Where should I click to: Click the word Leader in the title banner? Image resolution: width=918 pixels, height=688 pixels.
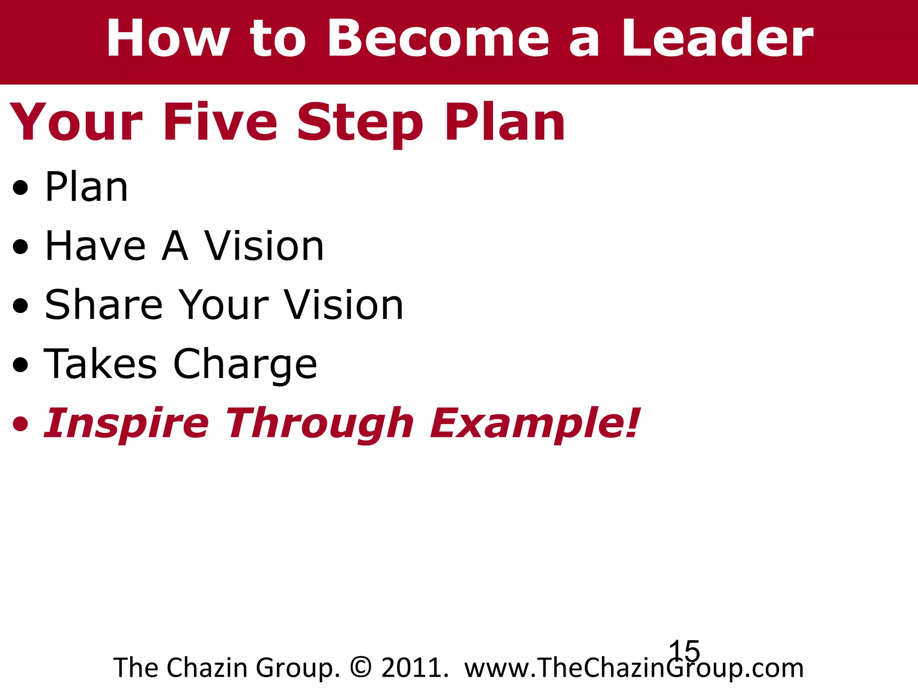click(717, 39)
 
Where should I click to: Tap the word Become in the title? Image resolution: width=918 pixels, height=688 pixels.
click(438, 39)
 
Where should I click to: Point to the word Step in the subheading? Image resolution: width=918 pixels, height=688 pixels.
click(359, 123)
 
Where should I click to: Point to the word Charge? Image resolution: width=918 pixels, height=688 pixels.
click(245, 365)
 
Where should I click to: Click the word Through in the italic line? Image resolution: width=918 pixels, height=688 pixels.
click(319, 424)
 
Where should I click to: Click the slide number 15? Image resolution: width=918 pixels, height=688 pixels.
click(684, 651)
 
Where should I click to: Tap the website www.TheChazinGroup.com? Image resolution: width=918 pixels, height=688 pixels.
click(634, 668)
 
